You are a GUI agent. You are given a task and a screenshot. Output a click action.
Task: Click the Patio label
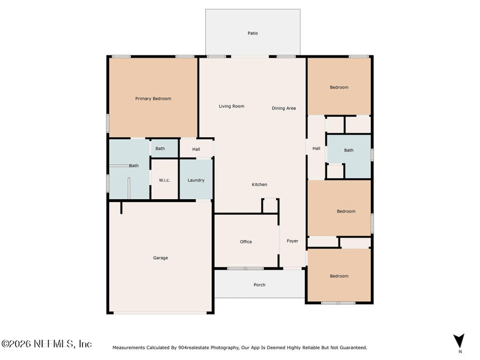coord(253,33)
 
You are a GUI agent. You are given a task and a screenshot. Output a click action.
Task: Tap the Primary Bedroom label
coord(153,98)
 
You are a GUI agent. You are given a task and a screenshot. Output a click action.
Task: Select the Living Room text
coord(232,106)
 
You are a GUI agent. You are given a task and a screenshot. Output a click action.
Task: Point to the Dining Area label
coord(284,108)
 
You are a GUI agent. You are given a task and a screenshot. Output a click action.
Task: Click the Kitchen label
coord(259,184)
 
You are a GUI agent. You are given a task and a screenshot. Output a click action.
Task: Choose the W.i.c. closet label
coord(164,180)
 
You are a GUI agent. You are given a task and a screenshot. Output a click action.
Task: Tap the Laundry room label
coord(196,181)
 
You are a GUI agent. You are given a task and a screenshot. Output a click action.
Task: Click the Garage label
coord(160,258)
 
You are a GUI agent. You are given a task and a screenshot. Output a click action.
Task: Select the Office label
coord(246,242)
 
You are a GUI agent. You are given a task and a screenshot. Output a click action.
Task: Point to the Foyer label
coord(292,241)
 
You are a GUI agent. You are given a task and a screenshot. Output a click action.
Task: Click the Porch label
coord(259,284)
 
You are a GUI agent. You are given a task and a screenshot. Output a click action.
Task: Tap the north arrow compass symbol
coord(459,341)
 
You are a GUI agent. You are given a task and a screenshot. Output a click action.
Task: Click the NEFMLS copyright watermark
coord(46,344)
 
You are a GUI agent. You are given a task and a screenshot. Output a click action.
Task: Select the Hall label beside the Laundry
coord(196,149)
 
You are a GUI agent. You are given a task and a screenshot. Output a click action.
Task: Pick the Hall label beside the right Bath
coord(316,148)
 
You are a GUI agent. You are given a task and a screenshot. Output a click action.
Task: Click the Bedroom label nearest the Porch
coord(339,276)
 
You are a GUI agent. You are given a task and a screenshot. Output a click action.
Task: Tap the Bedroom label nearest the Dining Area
coord(339,87)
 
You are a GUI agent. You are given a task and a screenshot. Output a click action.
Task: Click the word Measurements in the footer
coord(128,347)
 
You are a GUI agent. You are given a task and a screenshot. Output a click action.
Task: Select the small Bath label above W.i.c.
coord(160,148)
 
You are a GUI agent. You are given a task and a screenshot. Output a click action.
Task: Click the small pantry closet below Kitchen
coord(270,206)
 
